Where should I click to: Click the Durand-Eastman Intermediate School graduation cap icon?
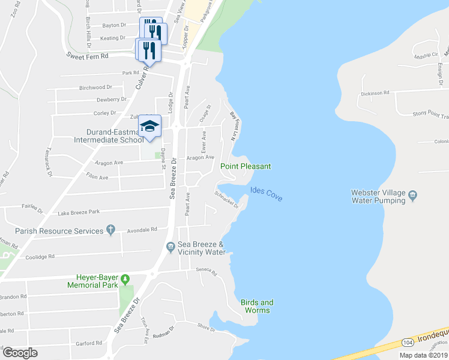tap(151, 125)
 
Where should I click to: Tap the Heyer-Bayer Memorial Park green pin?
tap(125, 279)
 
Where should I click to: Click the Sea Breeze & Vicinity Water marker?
tap(171, 245)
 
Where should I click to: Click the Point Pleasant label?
tap(246, 166)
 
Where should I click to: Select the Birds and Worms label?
tap(256, 306)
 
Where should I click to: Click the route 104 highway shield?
tap(408, 342)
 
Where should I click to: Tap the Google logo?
tap(20, 352)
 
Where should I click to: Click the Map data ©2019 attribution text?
tap(423, 355)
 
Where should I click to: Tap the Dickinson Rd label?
tap(375, 93)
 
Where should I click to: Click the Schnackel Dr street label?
tap(228, 200)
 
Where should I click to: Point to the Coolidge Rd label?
tap(40, 256)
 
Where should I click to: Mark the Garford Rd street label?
tap(89, 343)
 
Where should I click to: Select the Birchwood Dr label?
tap(95, 88)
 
